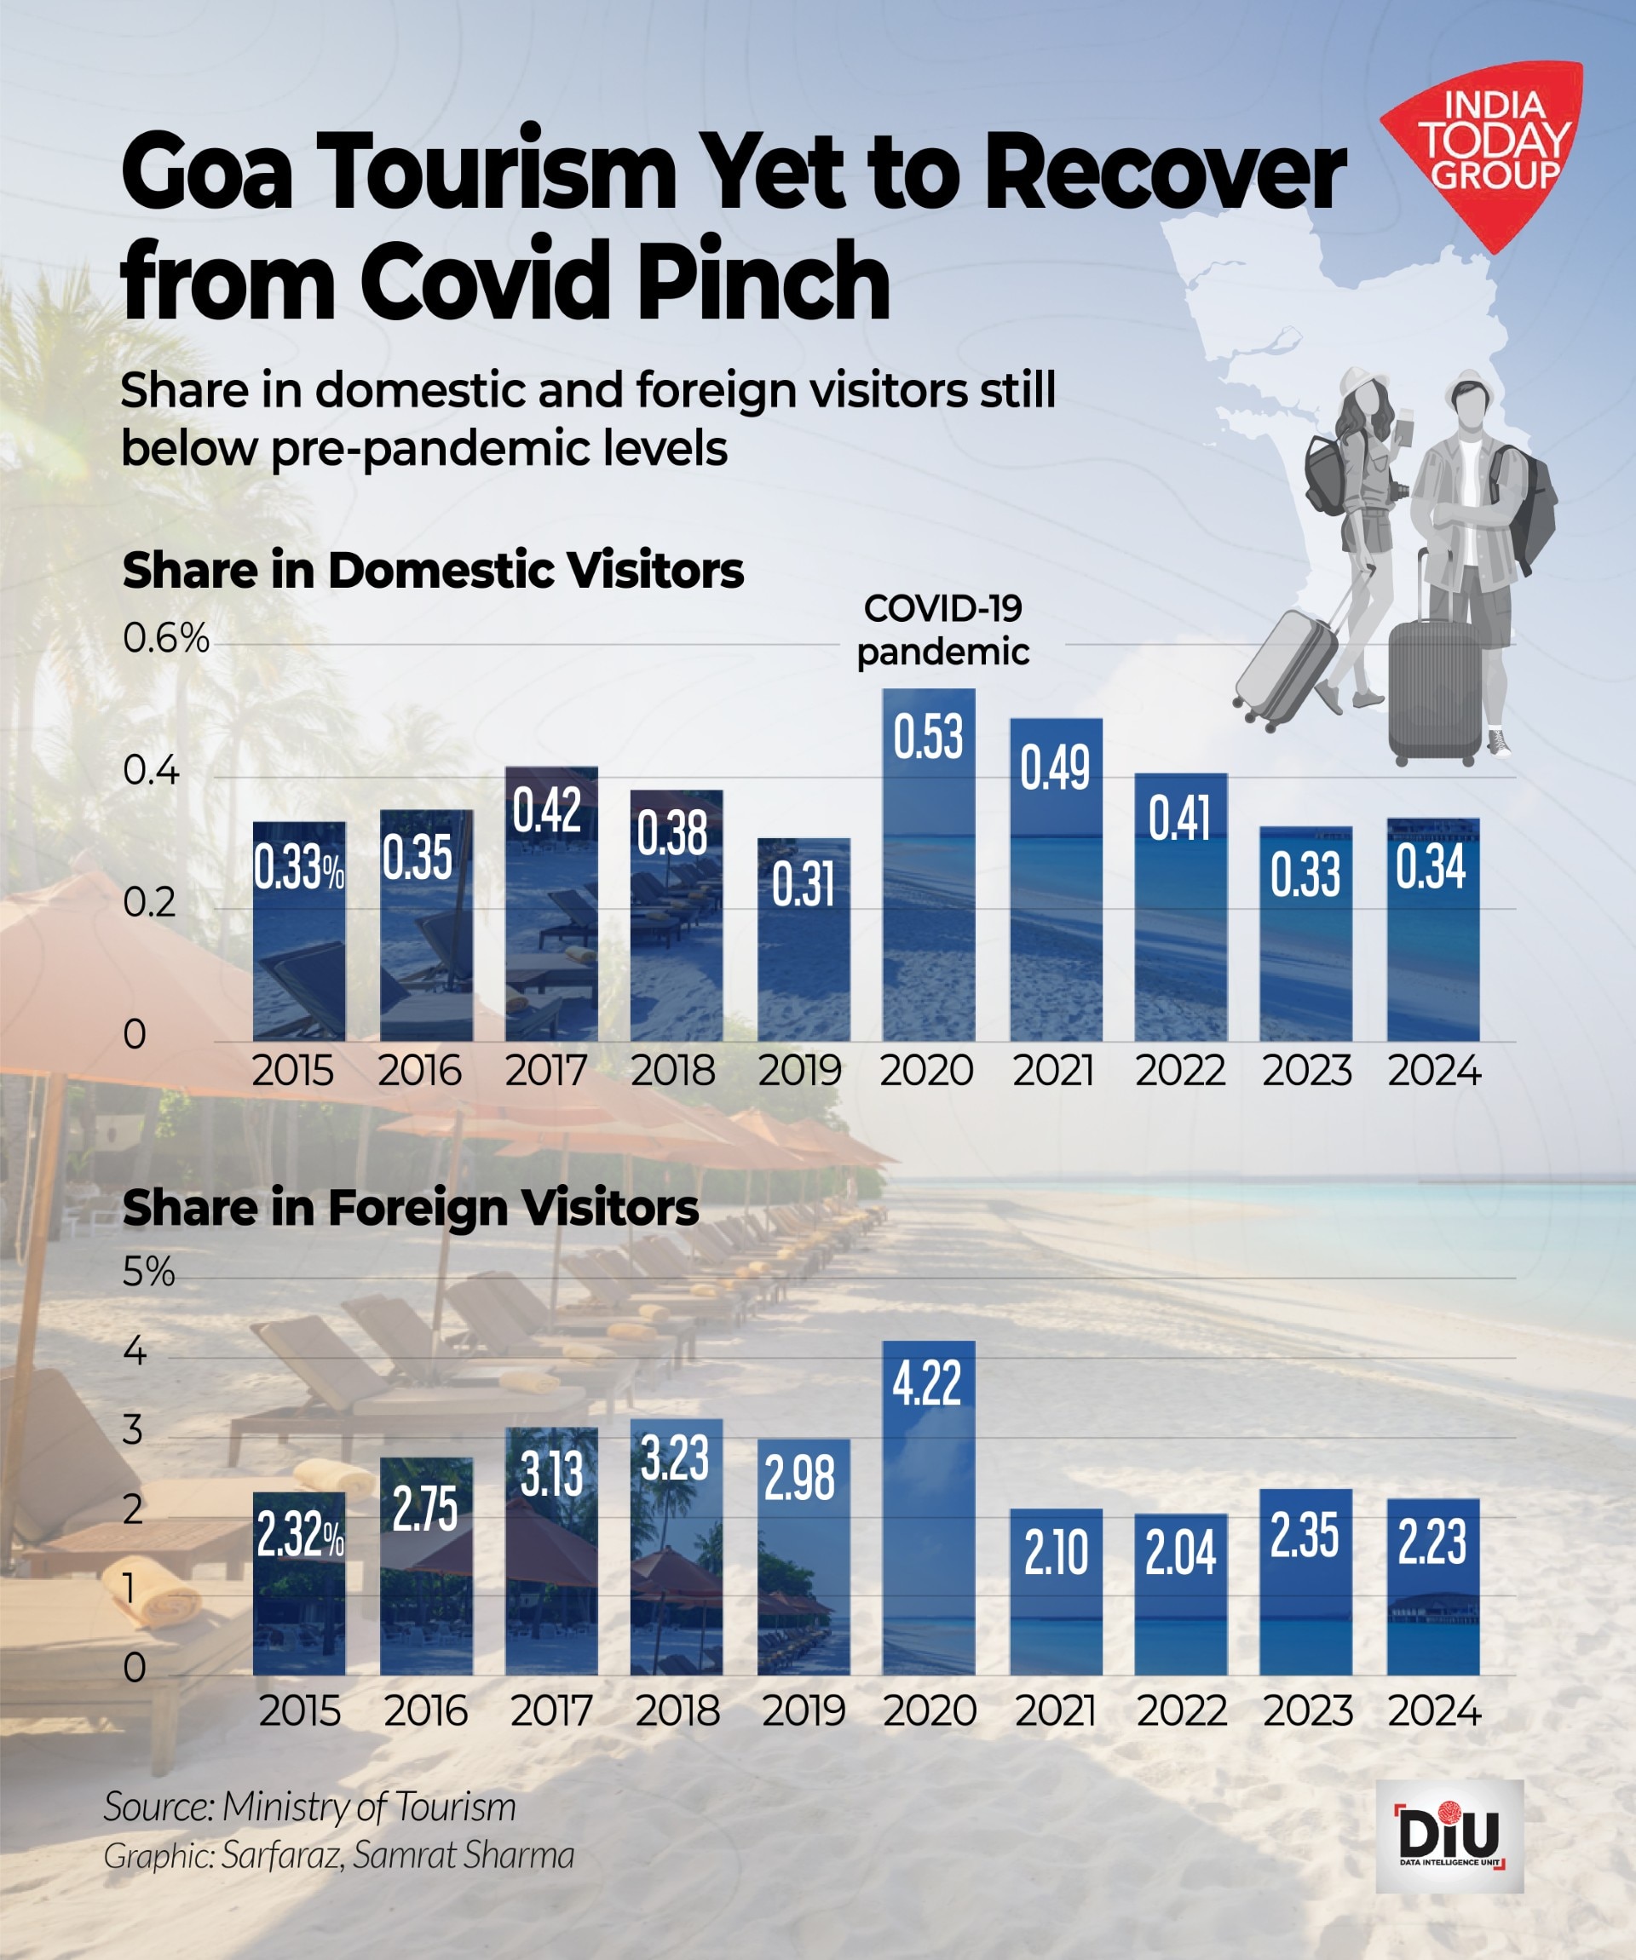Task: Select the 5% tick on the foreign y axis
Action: click(148, 1272)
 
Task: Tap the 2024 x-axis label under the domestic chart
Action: click(1433, 1071)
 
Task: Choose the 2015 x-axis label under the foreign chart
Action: click(299, 1710)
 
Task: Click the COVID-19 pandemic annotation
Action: click(942, 630)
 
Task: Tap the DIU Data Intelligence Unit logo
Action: click(1449, 1835)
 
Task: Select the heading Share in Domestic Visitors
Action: click(432, 570)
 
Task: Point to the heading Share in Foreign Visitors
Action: click(410, 1208)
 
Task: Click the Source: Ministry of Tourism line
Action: click(309, 1806)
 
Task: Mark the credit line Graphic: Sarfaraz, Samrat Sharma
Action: click(338, 1854)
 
